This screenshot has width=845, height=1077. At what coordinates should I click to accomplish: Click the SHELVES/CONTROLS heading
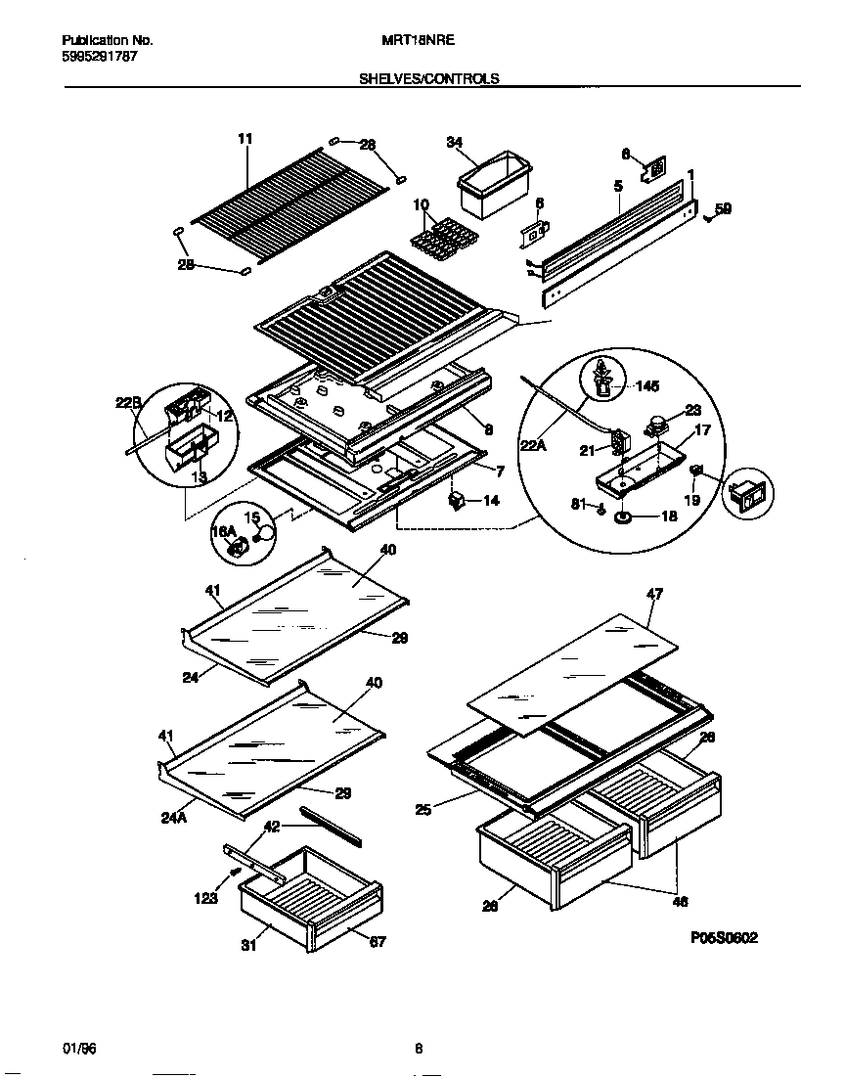[430, 79]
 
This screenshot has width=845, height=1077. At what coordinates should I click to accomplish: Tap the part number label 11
[245, 140]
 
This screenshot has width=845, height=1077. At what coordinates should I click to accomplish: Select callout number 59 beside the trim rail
[723, 208]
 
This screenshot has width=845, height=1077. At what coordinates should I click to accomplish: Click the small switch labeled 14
[455, 500]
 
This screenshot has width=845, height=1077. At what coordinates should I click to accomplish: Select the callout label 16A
[224, 531]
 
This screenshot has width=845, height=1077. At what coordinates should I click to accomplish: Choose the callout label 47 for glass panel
[654, 593]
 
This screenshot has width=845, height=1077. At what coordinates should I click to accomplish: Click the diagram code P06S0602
[723, 937]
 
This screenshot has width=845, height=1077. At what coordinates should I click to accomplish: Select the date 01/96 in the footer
[80, 1049]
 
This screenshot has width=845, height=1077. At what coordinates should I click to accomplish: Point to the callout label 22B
[129, 402]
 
